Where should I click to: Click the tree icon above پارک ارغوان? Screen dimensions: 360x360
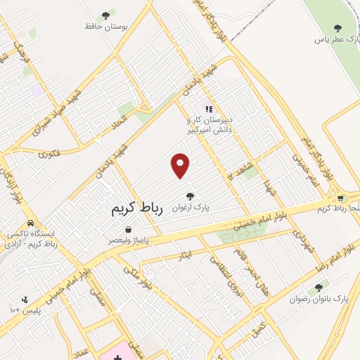(x=190, y=197)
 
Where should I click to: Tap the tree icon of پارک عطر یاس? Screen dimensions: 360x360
(x=337, y=28)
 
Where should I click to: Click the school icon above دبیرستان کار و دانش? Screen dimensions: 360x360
(x=208, y=109)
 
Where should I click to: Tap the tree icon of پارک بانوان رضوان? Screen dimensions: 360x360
(x=319, y=287)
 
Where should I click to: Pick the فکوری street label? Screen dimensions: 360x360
(x=49, y=150)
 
